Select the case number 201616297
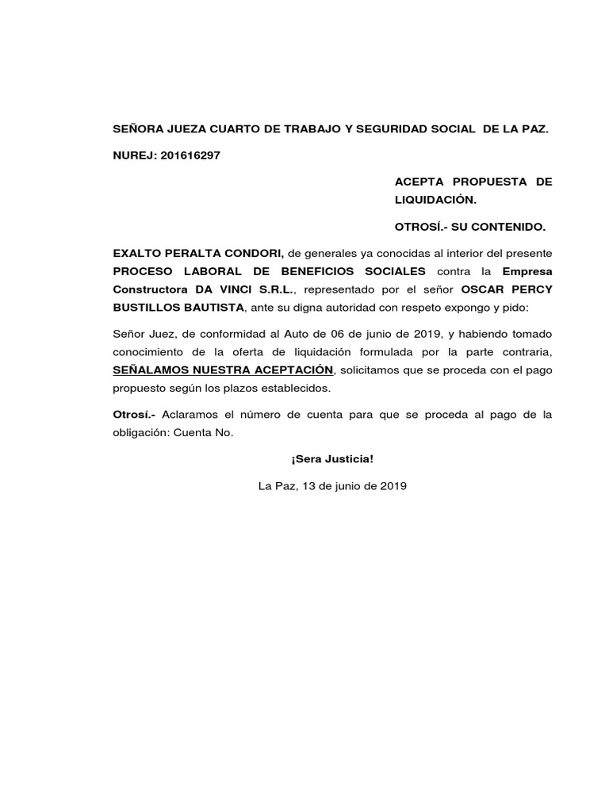click(190, 155)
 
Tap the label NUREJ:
click(135, 155)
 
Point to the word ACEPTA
click(419, 182)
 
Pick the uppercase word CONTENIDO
click(507, 227)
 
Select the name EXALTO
click(138, 253)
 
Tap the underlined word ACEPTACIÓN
click(293, 370)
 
